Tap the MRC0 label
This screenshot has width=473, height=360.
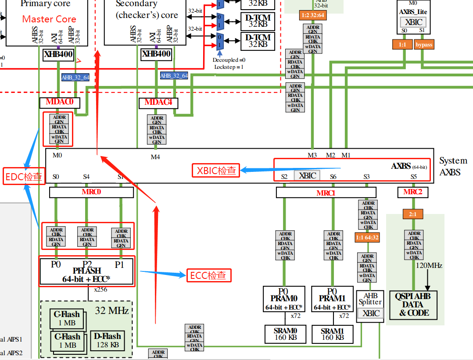[91, 192]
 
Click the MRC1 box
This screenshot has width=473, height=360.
[326, 192]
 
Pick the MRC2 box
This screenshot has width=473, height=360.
[413, 192]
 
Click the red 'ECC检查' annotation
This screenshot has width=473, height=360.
[208, 275]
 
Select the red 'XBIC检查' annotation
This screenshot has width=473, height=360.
[216, 170]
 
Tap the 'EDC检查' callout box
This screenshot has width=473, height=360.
[24, 176]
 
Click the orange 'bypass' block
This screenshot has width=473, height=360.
[424, 45]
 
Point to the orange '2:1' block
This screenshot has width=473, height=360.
[412, 214]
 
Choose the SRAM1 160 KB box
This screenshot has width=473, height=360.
[332, 334]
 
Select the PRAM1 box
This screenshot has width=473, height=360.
[332, 299]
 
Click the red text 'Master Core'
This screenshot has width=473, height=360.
[49, 19]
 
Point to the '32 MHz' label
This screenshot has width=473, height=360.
[112, 311]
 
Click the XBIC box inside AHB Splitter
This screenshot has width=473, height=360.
[370, 313]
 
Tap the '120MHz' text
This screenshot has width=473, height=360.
[429, 266]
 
